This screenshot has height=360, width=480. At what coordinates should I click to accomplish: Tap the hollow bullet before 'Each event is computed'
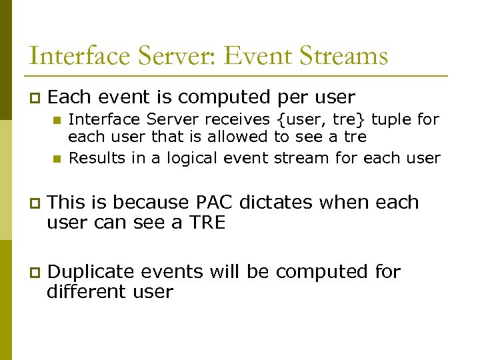[x=35, y=97]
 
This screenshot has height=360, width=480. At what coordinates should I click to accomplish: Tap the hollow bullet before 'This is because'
[x=35, y=203]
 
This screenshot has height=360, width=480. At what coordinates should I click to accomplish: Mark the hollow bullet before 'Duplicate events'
[x=35, y=272]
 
